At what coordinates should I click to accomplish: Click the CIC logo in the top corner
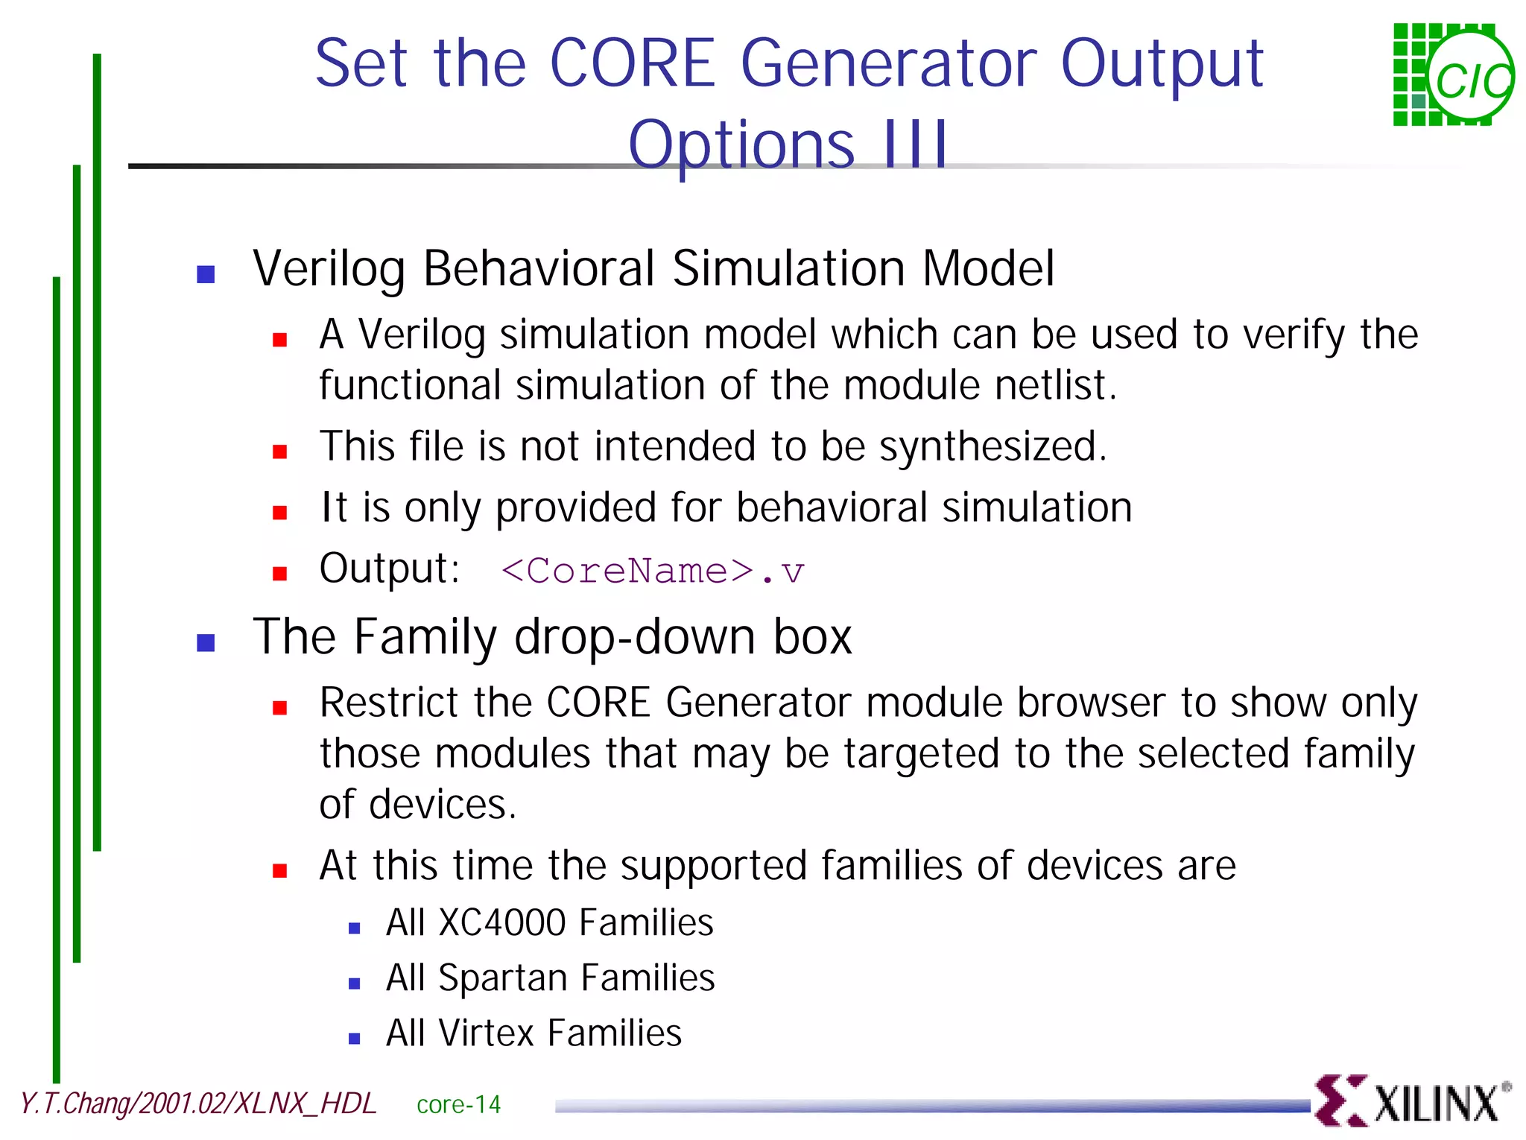point(1453,75)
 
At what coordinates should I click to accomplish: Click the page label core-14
point(458,1104)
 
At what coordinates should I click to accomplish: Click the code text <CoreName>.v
point(652,571)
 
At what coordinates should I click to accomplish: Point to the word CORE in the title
point(632,64)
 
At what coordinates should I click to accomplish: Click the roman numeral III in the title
point(915,145)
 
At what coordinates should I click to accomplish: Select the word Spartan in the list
point(502,978)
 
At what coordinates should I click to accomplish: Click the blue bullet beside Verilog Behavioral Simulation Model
point(206,274)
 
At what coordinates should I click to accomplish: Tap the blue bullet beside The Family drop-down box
point(206,642)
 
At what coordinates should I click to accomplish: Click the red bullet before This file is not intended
point(280,452)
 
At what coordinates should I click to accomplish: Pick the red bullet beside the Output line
point(280,574)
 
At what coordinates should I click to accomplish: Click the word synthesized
point(991,447)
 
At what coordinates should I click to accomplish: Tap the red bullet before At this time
point(280,870)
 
